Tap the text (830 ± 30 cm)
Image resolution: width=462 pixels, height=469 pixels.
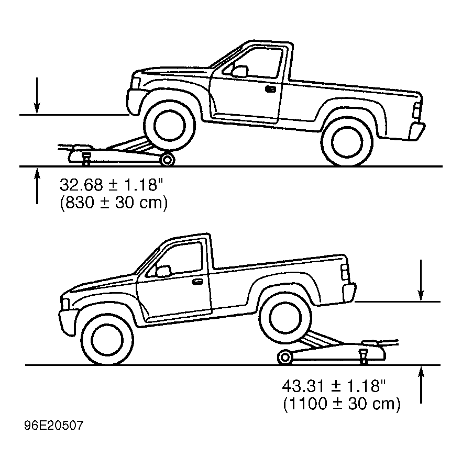[x=114, y=203]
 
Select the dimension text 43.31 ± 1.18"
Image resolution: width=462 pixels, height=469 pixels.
[x=334, y=386]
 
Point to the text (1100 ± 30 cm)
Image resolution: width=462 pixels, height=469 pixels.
[x=342, y=404]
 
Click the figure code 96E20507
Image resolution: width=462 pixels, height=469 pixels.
[x=54, y=426]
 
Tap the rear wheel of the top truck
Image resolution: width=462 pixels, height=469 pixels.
[x=347, y=141]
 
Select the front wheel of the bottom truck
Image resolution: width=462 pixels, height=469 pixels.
[x=107, y=340]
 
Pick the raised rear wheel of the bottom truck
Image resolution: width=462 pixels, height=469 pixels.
[x=285, y=318]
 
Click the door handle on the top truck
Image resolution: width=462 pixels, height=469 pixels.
[x=270, y=89]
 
